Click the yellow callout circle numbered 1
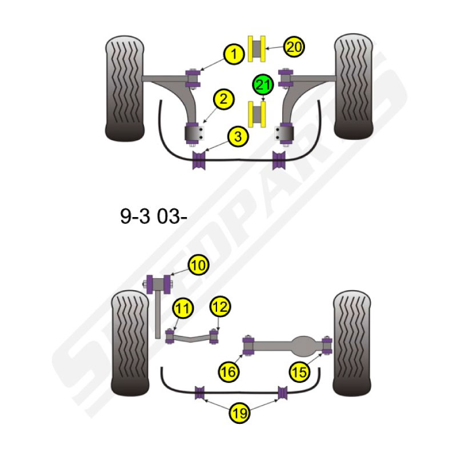pos(234,54)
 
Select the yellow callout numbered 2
pos(223,99)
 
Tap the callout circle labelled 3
pos(238,137)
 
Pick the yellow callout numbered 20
pos(294,47)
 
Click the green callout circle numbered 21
pos(263,85)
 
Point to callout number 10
pos(199,265)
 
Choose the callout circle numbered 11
pos(183,308)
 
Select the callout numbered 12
pos(221,307)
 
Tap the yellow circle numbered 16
pos(228,372)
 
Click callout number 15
pos(299,372)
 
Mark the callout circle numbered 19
pos(239,412)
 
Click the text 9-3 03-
pos(154,217)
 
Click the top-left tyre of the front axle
pos(125,89)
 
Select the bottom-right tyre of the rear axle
pos(352,343)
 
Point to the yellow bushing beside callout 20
pos(256,49)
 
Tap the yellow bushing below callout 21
pos(256,115)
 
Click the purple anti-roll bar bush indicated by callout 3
pos(199,160)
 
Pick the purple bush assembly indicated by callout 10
pos(159,284)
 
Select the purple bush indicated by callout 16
pos(248,346)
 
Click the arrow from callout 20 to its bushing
pos(274,48)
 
